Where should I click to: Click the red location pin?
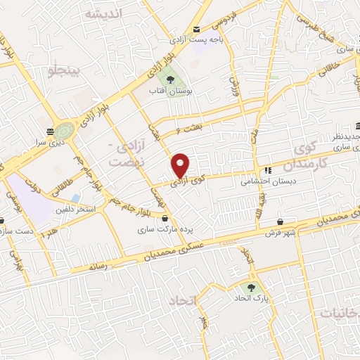(181, 165)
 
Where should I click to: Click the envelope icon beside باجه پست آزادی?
(196, 29)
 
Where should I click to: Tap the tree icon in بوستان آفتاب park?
(171, 79)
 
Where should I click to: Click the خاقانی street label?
(328, 68)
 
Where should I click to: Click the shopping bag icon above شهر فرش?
(281, 220)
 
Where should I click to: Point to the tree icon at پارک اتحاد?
(251, 287)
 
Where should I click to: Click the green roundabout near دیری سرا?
(63, 131)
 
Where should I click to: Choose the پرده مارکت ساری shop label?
(165, 229)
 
